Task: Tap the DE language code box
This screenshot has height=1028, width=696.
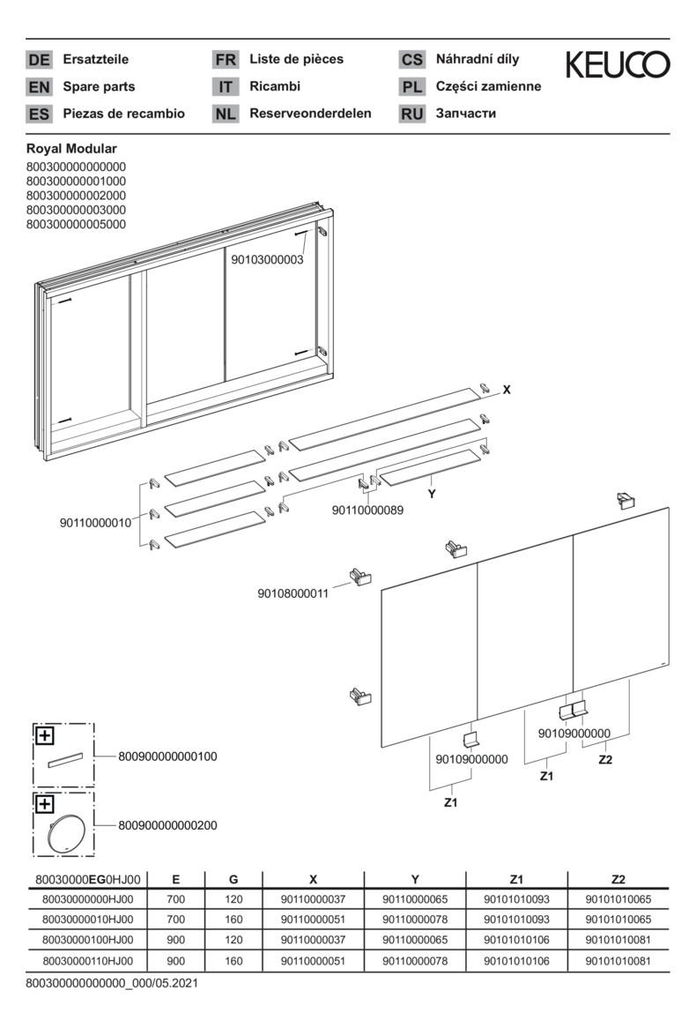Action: click(x=40, y=60)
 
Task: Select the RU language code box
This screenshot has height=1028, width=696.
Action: click(x=411, y=114)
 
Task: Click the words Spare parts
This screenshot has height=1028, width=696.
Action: click(x=99, y=86)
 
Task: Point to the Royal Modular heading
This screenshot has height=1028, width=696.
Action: click(x=71, y=149)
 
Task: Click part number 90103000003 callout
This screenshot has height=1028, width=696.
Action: click(x=267, y=260)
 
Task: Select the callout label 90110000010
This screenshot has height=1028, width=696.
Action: click(x=95, y=523)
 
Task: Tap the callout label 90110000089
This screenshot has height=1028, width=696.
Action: click(x=367, y=510)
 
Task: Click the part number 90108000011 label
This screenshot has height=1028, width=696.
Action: click(x=292, y=593)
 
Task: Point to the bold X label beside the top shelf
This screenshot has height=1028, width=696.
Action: click(x=507, y=390)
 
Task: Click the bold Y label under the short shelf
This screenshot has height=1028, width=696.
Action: click(x=432, y=495)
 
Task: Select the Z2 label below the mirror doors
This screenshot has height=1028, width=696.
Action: click(x=605, y=759)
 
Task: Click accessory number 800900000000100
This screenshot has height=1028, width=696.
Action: click(x=167, y=756)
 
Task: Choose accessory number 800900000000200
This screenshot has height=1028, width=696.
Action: click(x=167, y=826)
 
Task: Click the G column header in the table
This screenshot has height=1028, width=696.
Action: click(x=233, y=879)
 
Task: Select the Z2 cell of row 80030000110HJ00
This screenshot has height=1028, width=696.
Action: click(x=618, y=961)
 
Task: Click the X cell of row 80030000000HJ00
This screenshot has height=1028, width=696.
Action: click(x=313, y=899)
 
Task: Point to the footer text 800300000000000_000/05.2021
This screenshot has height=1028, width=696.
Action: click(x=112, y=982)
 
